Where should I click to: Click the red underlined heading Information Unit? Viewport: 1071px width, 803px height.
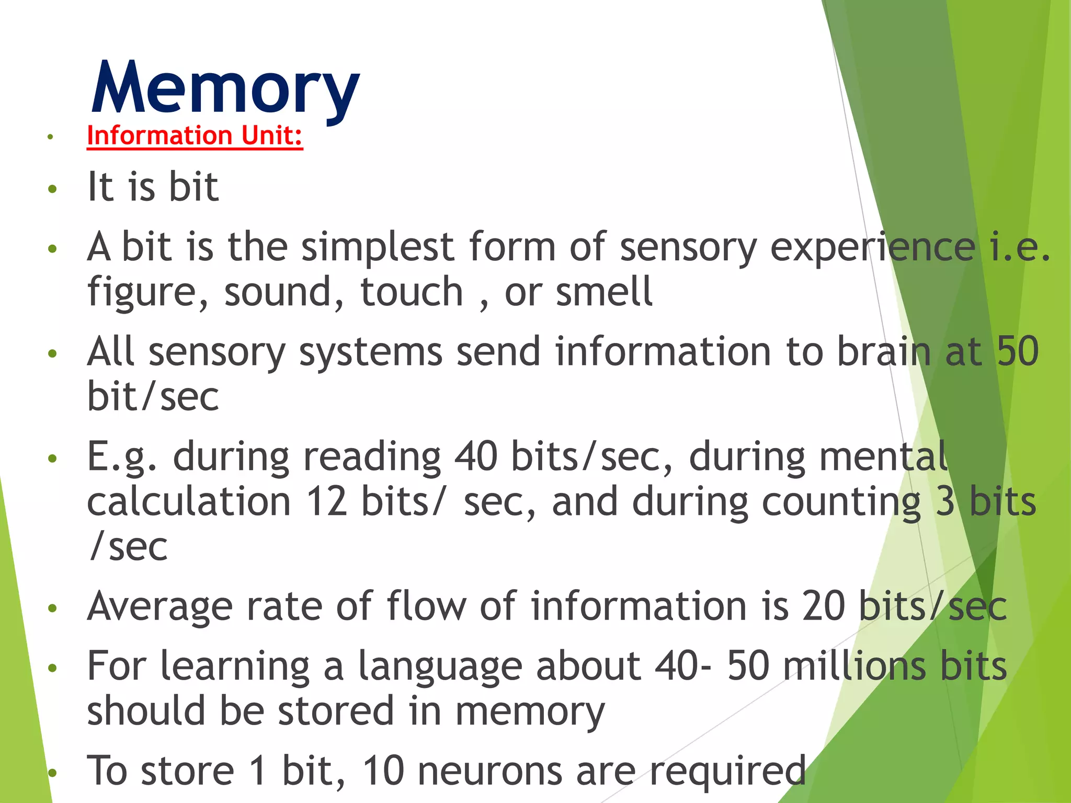click(x=195, y=136)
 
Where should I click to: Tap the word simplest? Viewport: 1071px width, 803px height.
click(x=378, y=247)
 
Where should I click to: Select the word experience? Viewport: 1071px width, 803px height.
click(x=873, y=247)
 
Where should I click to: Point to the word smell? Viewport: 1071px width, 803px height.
click(x=604, y=292)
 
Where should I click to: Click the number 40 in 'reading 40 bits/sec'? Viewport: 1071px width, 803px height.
click(x=475, y=456)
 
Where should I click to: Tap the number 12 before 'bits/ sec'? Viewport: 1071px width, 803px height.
click(x=327, y=501)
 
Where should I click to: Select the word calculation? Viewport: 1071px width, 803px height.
click(x=189, y=501)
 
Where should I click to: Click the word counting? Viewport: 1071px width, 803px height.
click(x=841, y=501)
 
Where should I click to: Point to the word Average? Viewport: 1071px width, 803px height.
click(x=160, y=606)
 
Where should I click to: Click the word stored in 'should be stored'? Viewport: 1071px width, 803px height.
click(x=336, y=711)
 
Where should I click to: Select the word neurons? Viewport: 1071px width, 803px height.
click(x=490, y=771)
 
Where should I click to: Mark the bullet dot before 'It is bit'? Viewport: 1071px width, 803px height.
click(x=51, y=189)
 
